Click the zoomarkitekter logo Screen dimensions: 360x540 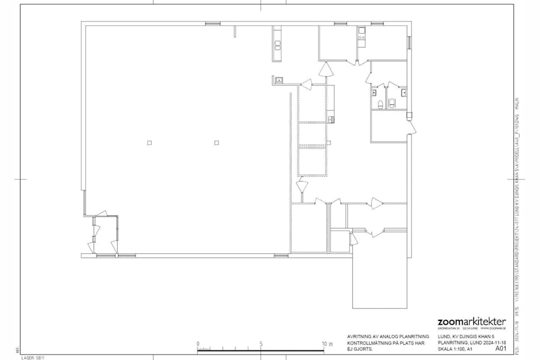(x=472, y=322)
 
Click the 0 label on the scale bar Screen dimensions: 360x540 (x=197, y=344)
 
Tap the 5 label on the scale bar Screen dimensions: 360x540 (x=261, y=344)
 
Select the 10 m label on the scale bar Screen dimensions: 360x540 (x=326, y=344)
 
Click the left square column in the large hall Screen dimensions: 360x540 (x=149, y=142)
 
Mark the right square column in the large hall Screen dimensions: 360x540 (x=217, y=142)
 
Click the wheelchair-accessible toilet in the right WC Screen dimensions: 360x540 (x=393, y=103)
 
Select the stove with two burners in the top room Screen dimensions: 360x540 (x=362, y=38)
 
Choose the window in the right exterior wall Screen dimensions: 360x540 (x=410, y=42)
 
